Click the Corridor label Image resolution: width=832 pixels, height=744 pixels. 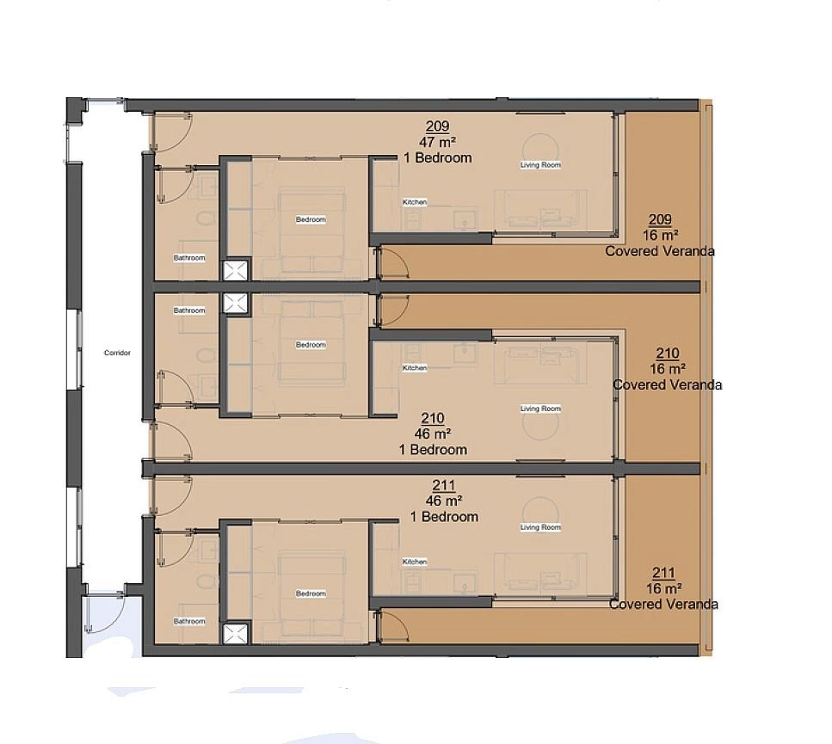coord(117,353)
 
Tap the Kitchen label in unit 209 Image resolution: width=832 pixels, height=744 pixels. coord(415,202)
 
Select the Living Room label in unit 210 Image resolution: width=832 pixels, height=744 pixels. coord(540,409)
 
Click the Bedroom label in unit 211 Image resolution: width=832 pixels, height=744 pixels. coord(311,593)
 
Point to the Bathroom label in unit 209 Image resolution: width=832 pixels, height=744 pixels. coord(189,258)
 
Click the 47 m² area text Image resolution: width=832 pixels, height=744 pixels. coord(437,142)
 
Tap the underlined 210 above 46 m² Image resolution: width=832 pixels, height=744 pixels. coord(433,418)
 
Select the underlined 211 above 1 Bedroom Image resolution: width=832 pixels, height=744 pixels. coord(444,485)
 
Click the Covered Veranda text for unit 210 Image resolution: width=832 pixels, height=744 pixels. coord(668,385)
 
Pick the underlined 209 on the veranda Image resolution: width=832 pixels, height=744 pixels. coord(660,219)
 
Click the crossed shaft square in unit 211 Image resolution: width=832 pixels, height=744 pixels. coord(235,634)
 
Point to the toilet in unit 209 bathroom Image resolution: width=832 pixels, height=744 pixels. coord(206,218)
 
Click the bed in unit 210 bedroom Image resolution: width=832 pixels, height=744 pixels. coord(311,345)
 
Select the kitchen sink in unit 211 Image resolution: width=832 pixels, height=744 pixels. coord(465,584)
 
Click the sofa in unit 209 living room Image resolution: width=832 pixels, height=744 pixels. coord(540,210)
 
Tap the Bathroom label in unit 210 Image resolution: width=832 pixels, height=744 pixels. coord(189,311)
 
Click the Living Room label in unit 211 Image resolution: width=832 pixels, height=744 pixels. coord(540,527)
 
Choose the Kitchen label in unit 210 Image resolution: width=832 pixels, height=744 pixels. coord(415,367)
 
